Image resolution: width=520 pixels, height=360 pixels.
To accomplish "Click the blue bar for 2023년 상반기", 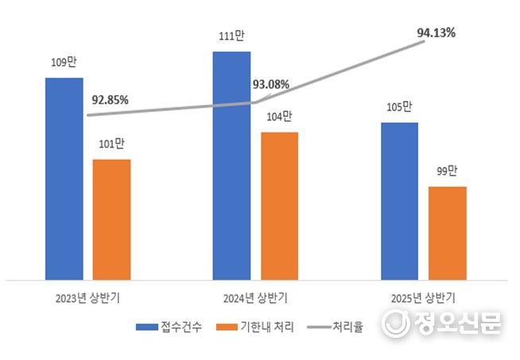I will pos(64,179).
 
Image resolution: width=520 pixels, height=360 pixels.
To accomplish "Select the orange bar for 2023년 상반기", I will pos(111,219).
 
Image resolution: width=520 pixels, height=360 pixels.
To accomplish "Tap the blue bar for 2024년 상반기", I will pos(231,165).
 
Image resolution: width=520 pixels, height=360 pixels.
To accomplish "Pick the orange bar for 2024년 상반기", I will pos(279,206).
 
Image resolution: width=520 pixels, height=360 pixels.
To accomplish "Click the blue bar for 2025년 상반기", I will pos(399,201).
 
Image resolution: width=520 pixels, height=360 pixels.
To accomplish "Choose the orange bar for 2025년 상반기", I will pos(447,233).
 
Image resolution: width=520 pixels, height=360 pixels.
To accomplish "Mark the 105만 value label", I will pos(399,106).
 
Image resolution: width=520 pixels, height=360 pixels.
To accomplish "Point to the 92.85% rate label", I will pos(110,100).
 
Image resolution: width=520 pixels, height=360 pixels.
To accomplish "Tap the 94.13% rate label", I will pos(437,33).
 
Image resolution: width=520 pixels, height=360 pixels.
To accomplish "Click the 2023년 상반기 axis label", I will pos(87,300).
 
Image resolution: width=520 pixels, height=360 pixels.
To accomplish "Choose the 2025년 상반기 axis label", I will pos(423,300).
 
